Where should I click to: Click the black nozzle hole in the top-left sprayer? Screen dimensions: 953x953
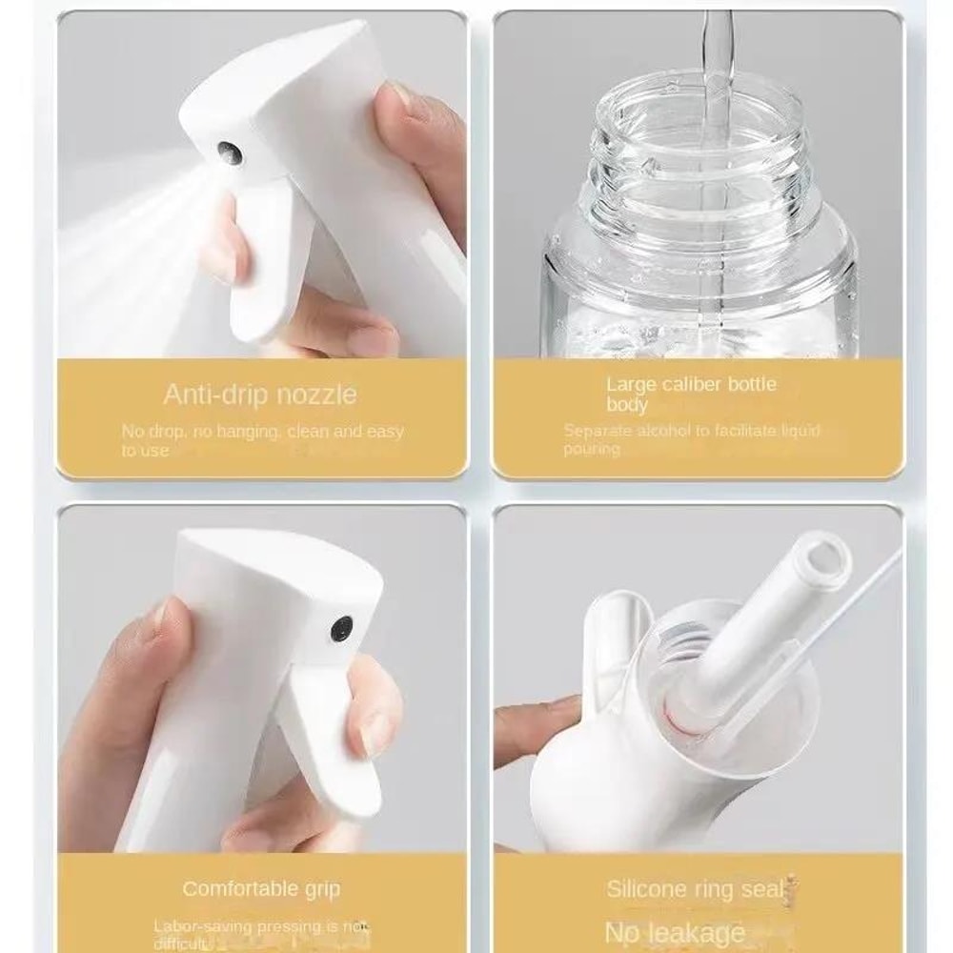point(230,152)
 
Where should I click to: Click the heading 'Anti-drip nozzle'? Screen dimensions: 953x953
point(260,394)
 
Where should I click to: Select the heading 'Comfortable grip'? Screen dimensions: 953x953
point(261,888)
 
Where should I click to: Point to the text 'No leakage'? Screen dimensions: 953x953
point(675,931)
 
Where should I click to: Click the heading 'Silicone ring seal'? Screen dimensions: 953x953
point(695,890)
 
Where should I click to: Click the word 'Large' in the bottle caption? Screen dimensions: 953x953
point(630,385)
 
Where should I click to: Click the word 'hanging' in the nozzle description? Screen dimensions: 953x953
point(225,431)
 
